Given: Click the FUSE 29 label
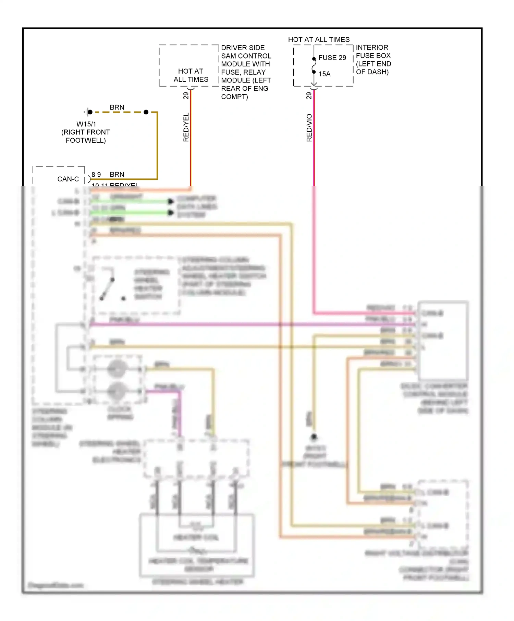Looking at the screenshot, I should point(332,58).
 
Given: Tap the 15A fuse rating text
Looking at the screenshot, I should point(325,74).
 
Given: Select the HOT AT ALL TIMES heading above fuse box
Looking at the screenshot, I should point(319,40).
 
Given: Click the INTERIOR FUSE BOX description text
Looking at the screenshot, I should point(373,60).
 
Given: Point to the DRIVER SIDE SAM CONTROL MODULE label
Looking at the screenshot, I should point(246,72).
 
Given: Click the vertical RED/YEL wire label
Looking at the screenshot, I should point(186,127).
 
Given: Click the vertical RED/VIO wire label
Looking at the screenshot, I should point(309,128).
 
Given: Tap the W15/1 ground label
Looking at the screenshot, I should point(86,124).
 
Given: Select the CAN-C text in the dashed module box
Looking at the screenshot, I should point(68,179).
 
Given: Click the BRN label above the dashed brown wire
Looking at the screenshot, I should point(117,107).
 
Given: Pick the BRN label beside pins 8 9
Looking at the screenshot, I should point(117,175).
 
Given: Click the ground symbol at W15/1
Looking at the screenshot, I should point(88,112).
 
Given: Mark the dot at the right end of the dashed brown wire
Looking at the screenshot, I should point(146,112).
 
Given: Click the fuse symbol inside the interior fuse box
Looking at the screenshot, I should point(314,65).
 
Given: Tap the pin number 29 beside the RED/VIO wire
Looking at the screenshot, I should point(309,96).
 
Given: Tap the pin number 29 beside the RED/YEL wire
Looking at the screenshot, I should point(186,96).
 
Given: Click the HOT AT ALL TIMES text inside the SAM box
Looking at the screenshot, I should point(191,75).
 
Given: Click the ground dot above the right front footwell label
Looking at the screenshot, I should point(314,437).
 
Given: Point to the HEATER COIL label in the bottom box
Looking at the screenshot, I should point(196,537).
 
